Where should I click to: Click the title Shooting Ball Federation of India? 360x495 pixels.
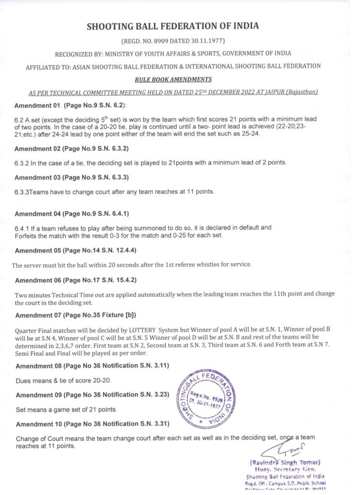point(180,27)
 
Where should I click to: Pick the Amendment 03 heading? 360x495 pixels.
point(72,177)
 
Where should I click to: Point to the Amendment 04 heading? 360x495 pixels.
point(72,214)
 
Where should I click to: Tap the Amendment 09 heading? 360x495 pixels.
point(92,394)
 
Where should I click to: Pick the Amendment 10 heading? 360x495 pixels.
point(92,424)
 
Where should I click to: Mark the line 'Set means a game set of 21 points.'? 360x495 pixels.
point(66,409)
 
